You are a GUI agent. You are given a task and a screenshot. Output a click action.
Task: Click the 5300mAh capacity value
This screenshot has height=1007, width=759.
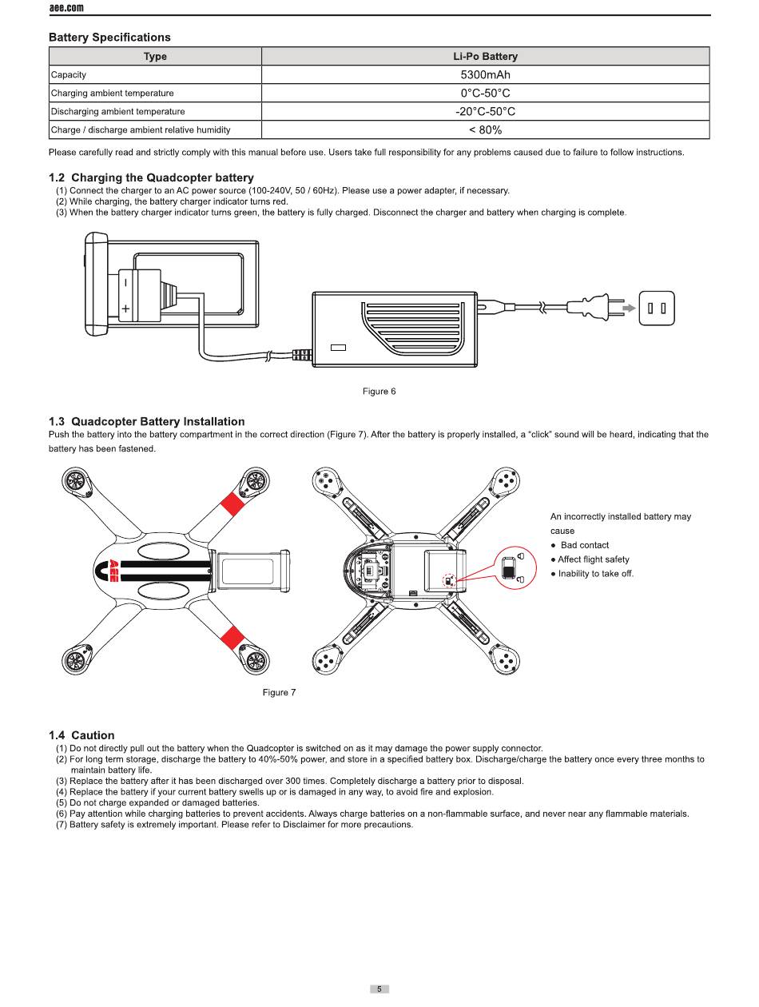pos(485,75)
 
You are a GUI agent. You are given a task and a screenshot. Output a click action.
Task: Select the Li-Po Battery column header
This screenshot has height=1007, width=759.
pos(485,57)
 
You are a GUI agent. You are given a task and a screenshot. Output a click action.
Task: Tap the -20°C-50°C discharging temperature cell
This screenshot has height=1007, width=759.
pos(485,112)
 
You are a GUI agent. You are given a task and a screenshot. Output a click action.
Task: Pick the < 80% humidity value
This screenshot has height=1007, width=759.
pos(485,130)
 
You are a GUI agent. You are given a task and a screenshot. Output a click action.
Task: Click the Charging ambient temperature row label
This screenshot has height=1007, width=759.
pos(112,94)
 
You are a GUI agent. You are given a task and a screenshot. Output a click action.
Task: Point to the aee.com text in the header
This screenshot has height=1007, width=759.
pos(66,8)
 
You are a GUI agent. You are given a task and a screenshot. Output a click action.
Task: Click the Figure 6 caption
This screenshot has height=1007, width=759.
pos(379,392)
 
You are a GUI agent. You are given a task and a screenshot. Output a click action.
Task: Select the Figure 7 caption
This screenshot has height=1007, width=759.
pos(279,693)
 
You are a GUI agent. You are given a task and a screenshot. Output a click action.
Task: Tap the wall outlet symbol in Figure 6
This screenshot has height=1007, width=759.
pos(657,308)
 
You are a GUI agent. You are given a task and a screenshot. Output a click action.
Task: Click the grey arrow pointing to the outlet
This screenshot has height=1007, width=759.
pos(630,308)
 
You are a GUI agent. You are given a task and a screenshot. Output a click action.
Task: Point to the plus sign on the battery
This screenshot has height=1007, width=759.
pos(125,308)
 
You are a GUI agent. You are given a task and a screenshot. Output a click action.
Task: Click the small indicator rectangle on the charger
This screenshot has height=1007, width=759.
pos(338,348)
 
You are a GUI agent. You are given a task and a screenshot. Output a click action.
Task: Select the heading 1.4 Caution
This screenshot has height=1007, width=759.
pos(81,735)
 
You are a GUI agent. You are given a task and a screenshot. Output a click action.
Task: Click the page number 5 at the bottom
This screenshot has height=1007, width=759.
pos(379,989)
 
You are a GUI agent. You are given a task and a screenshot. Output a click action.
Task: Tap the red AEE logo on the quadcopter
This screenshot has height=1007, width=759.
pos(113,570)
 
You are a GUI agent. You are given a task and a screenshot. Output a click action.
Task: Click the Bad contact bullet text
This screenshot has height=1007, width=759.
pos(584,545)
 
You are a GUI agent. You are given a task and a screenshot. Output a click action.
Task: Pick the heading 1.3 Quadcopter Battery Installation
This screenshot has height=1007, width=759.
pos(146,422)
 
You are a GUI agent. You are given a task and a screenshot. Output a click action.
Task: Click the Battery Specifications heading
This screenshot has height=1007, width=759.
pos(109,38)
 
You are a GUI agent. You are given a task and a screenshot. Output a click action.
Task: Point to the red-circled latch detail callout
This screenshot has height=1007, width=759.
pos(516,567)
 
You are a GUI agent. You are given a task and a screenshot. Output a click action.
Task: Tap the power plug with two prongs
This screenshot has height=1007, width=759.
pos(595,308)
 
